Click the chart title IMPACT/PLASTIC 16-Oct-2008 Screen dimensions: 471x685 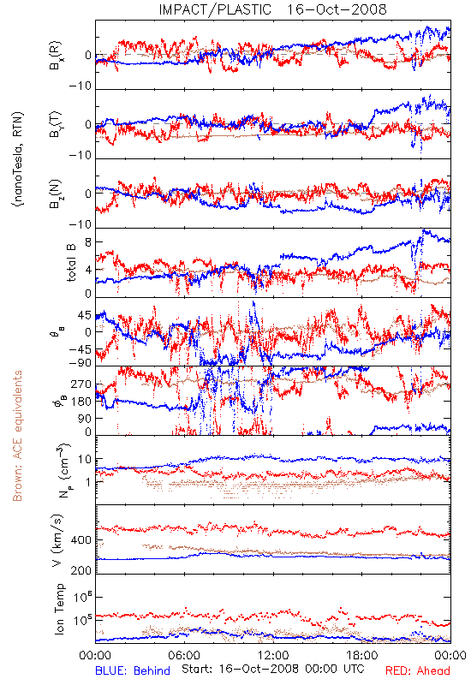click(x=272, y=9)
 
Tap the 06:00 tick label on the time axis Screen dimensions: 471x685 click(x=184, y=655)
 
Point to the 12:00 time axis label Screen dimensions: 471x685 click(x=273, y=655)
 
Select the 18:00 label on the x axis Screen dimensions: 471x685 click(x=362, y=655)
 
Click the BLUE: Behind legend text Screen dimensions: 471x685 click(x=133, y=670)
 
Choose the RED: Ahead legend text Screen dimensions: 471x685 click(x=417, y=670)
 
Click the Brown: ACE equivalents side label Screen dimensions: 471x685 click(x=17, y=436)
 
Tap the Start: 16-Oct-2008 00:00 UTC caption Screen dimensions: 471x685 click(x=273, y=669)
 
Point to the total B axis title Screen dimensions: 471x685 click(x=71, y=263)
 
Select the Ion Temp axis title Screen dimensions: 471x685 click(x=59, y=609)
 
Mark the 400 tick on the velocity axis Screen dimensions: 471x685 click(x=81, y=540)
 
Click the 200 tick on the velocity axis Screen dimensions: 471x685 click(x=81, y=570)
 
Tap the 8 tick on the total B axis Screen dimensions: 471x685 click(x=88, y=242)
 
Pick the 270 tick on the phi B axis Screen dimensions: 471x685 click(x=81, y=384)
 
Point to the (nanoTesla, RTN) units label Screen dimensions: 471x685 click(x=18, y=159)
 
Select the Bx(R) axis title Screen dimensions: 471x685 click(x=56, y=55)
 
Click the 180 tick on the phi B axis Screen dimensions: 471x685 click(x=81, y=402)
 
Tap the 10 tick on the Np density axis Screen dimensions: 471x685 click(x=85, y=459)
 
